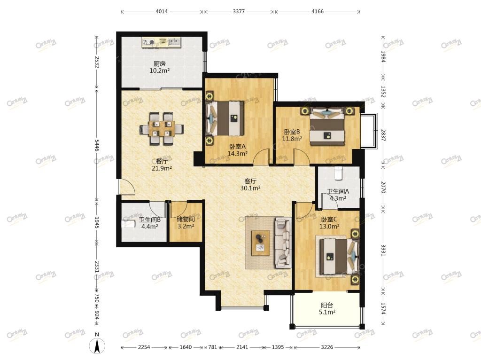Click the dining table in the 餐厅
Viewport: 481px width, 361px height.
[162, 129]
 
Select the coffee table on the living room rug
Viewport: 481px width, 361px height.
[260, 243]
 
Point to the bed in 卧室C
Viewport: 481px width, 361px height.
[337, 257]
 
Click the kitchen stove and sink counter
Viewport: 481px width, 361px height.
[161, 42]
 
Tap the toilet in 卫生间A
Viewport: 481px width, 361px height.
[338, 173]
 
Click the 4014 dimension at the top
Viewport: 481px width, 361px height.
[162, 12]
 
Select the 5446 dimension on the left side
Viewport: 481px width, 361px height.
[97, 145]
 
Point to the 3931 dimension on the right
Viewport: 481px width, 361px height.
[383, 250]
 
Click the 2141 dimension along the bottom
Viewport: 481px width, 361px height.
[242, 347]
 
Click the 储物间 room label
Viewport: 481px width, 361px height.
[186, 219]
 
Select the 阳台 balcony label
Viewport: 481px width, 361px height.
[327, 305]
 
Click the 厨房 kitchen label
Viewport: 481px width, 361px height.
[160, 63]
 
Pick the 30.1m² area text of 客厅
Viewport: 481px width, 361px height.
[250, 188]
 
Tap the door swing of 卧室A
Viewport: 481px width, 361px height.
[261, 157]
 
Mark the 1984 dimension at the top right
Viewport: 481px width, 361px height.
[383, 56]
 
